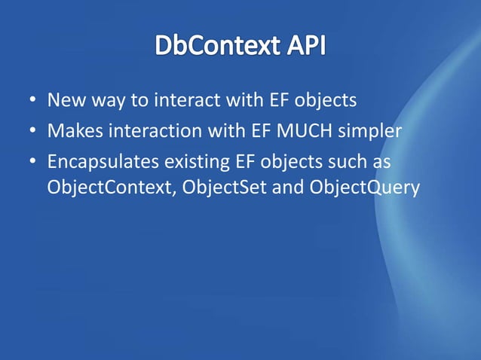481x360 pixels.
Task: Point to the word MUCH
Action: (x=298, y=132)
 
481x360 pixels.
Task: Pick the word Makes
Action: (x=71, y=132)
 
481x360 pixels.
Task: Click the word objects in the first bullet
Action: (x=325, y=102)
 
